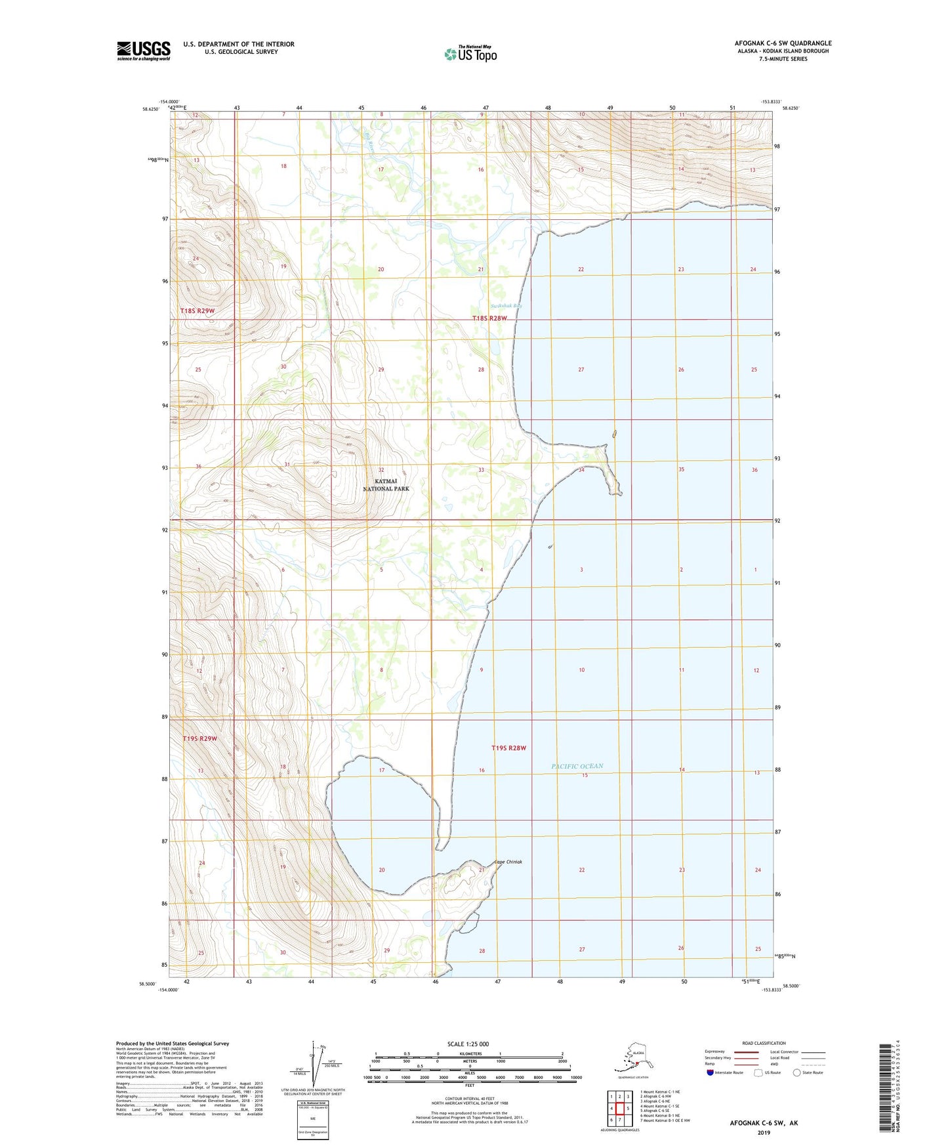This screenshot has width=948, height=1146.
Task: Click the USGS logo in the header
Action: [x=143, y=51]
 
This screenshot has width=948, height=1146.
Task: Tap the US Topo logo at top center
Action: [x=470, y=53]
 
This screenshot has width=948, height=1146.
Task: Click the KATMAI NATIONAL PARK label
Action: [x=386, y=485]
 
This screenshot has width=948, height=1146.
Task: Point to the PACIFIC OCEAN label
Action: [x=577, y=766]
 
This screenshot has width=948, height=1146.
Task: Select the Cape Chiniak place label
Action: [x=508, y=862]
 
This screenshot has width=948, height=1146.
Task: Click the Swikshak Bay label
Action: [x=506, y=306]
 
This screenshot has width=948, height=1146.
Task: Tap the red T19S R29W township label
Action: [x=199, y=738]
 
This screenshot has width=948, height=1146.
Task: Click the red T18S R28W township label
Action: [x=489, y=318]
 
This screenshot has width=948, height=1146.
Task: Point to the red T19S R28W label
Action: [x=509, y=748]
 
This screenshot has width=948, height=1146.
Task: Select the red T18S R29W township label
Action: [x=197, y=310]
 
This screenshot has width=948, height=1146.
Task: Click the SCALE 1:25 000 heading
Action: [x=468, y=1044]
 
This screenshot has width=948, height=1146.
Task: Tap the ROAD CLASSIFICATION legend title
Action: [x=764, y=1043]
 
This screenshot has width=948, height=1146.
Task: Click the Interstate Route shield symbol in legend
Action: [x=711, y=1072]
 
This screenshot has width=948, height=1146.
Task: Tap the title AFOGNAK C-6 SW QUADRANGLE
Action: [x=783, y=43]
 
